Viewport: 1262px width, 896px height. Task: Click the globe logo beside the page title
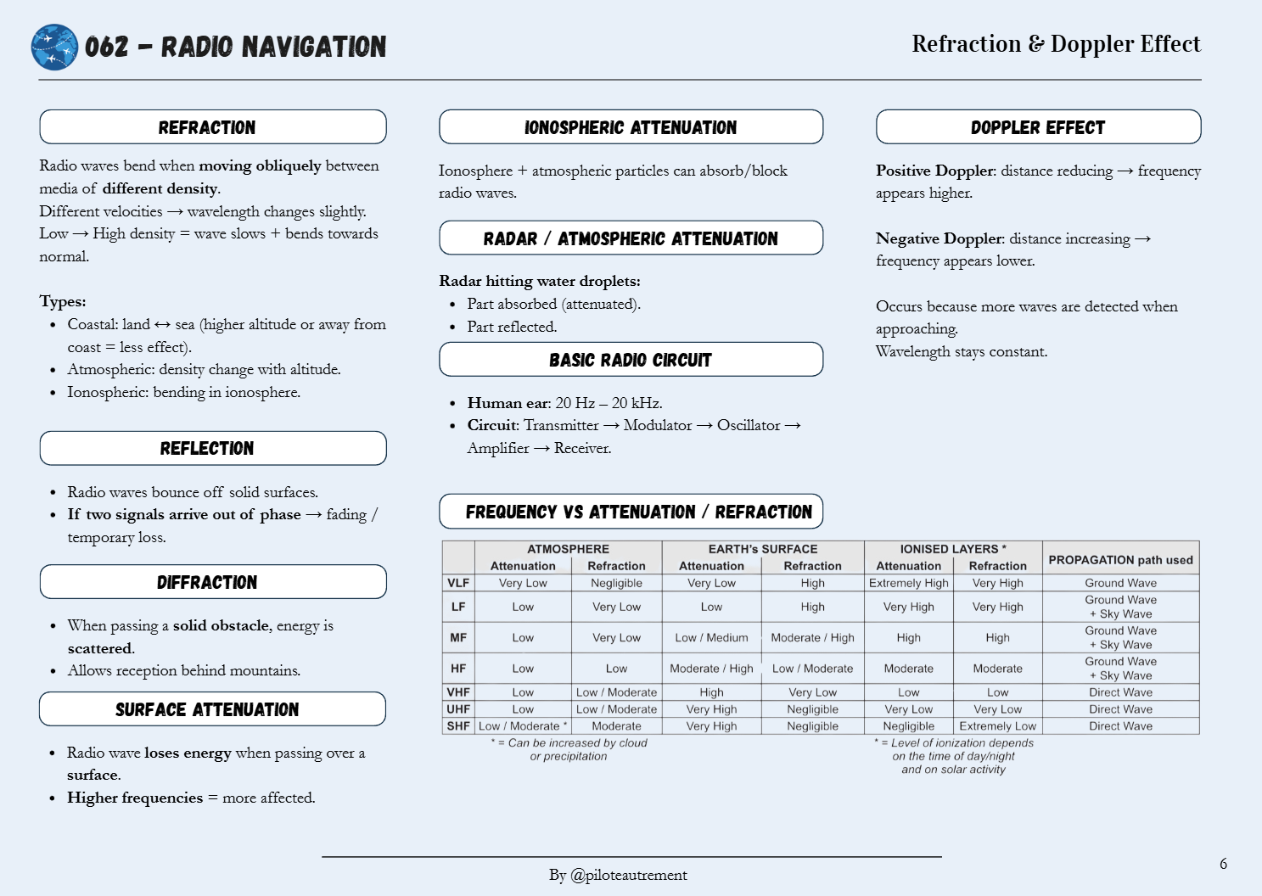click(x=54, y=47)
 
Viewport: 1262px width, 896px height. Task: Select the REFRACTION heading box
click(x=213, y=127)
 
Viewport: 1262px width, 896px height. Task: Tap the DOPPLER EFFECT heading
click(x=1038, y=127)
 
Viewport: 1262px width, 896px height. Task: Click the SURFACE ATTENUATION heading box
click(x=212, y=709)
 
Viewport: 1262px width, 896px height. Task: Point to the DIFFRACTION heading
click(x=213, y=582)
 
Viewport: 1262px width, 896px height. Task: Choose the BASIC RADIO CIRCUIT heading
click(x=631, y=360)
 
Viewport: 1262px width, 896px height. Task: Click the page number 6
click(x=1223, y=864)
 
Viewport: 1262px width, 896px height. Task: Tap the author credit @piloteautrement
click(x=629, y=875)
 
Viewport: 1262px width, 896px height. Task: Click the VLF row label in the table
click(x=458, y=583)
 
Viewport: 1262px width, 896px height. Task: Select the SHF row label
click(x=458, y=726)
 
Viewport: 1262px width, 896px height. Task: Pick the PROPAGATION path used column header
click(x=1120, y=560)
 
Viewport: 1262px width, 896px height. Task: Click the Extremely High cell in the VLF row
click(x=908, y=583)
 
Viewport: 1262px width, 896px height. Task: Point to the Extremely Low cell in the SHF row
click(x=997, y=726)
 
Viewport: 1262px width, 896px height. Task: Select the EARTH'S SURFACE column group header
click(x=763, y=549)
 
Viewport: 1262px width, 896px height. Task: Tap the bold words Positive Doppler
click(x=934, y=171)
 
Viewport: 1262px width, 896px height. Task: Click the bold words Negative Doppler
click(x=939, y=238)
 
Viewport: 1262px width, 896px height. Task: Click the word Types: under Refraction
click(x=63, y=301)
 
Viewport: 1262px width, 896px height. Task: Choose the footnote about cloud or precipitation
click(x=569, y=749)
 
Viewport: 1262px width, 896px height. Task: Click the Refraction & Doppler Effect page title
click(x=1056, y=44)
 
